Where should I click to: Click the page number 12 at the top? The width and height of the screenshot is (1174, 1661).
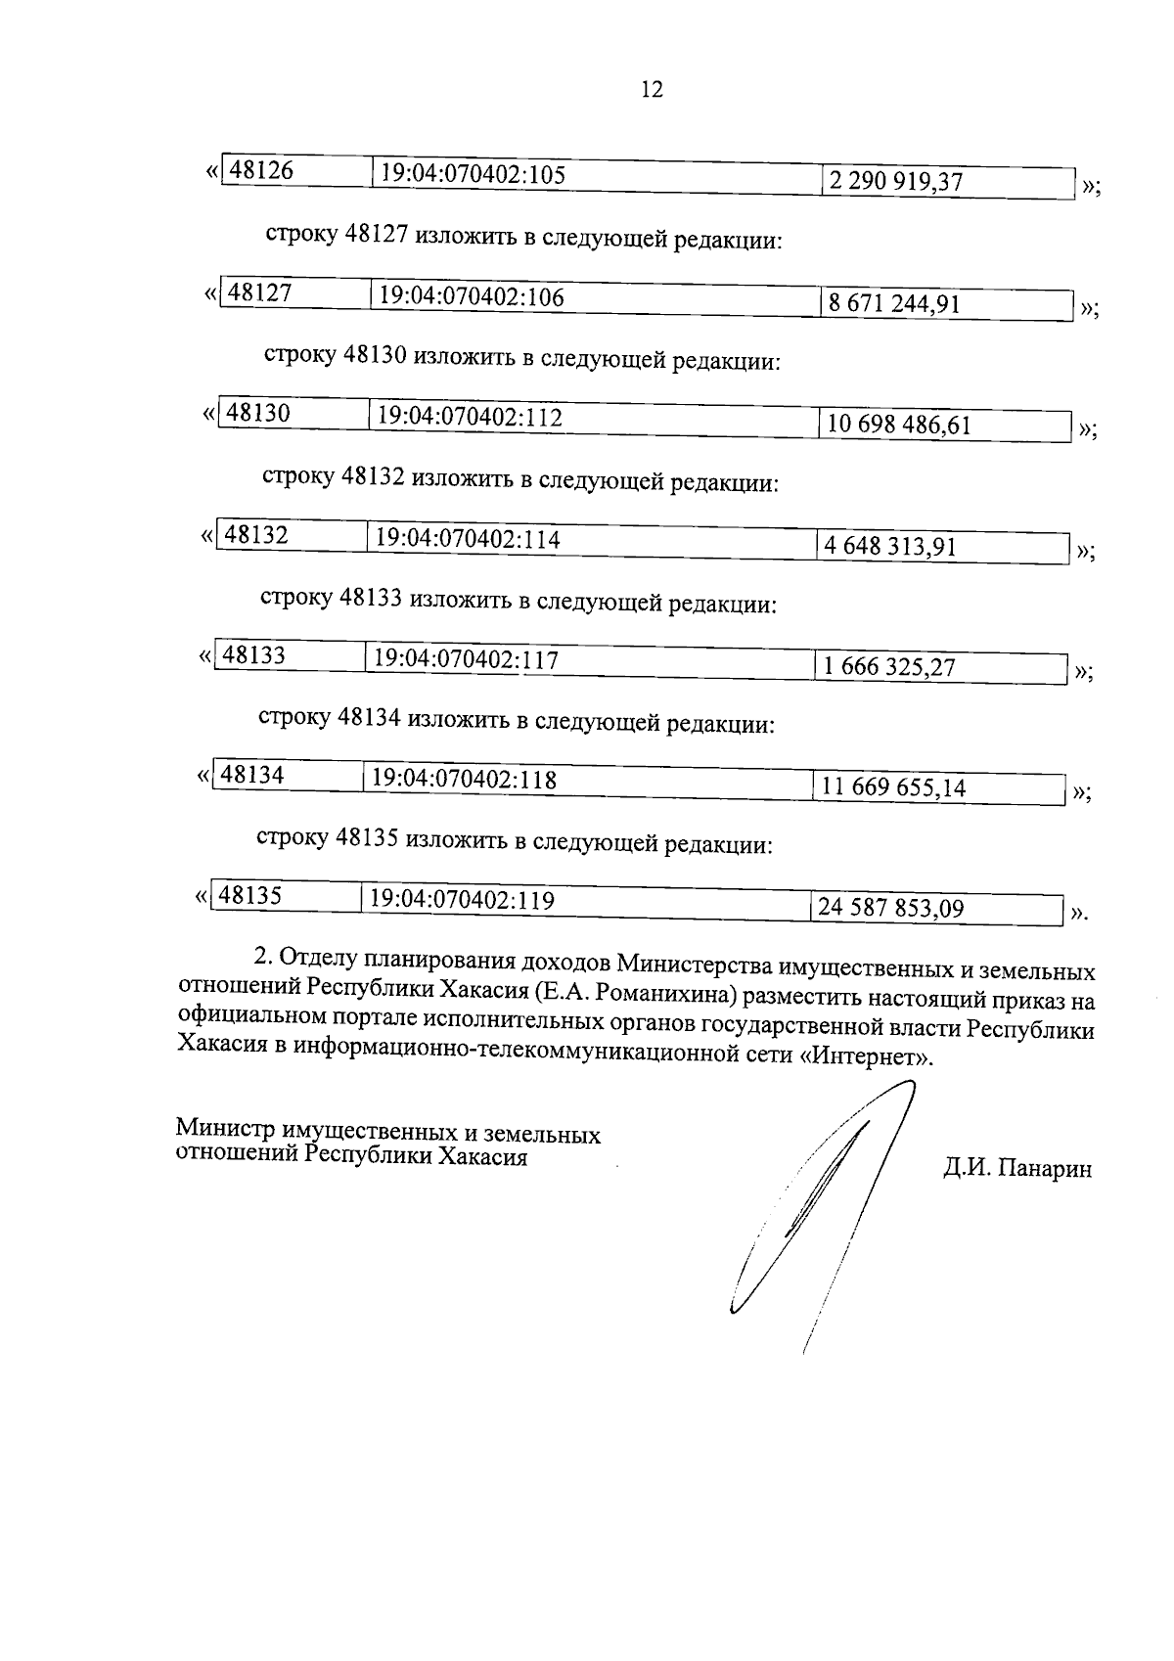[652, 90]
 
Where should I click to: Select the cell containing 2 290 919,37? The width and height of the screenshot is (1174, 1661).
[895, 182]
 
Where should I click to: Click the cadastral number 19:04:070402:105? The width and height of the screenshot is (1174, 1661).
[474, 174]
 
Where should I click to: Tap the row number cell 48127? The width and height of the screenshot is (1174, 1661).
[260, 293]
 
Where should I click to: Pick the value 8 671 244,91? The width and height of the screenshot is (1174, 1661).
[894, 303]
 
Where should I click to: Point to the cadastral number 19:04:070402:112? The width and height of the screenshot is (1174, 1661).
[471, 418]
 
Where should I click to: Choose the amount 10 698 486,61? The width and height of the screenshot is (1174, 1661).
[898, 426]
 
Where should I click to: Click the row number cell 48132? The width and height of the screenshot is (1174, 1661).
[256, 536]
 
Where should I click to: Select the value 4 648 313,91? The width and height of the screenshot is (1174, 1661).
[889, 546]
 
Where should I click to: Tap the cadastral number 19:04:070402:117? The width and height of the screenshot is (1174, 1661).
[466, 660]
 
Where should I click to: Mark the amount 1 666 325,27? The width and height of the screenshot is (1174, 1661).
[888, 668]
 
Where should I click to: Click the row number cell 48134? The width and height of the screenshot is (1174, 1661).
[252, 776]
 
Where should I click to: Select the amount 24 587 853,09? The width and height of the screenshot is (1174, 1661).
[890, 909]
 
